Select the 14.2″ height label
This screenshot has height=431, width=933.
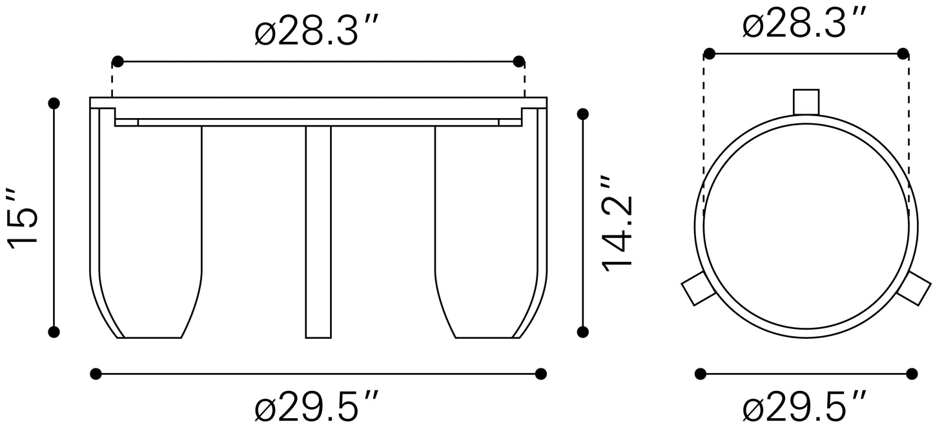(x=616, y=222)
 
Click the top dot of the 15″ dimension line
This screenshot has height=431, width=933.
(x=54, y=103)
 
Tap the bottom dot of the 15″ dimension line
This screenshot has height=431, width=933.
(x=54, y=332)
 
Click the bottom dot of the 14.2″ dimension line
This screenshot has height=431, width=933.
(x=583, y=332)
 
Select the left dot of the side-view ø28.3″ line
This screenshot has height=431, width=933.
(x=118, y=62)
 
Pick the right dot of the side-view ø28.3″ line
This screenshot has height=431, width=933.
(x=518, y=62)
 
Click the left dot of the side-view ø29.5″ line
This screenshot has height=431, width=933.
(x=96, y=373)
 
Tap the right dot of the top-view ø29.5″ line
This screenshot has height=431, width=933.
(x=912, y=373)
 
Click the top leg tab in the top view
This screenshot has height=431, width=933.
(x=806, y=101)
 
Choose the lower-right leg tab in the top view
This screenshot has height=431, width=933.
(x=913, y=288)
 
